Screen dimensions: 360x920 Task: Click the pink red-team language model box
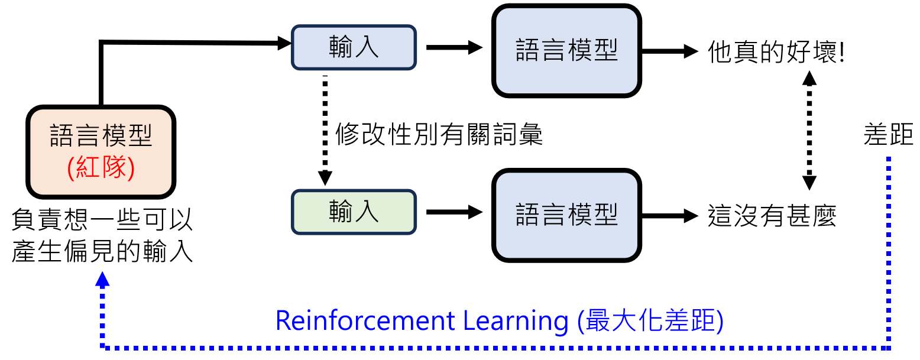coord(101,152)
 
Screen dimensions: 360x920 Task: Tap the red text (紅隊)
coord(101,168)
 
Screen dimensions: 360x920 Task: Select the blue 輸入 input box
coord(354,47)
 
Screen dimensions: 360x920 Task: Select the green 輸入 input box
coord(354,212)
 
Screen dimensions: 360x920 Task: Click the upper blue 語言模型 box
coord(567,50)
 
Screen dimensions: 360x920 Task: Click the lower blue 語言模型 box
coord(567,215)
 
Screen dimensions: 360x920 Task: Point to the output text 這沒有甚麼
coord(772,217)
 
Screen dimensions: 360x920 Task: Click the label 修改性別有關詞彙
coord(439,135)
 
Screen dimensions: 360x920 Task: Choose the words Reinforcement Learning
coord(421,321)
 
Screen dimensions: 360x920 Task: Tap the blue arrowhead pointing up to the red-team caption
coord(103,279)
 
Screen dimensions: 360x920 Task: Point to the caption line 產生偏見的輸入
coord(102,252)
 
